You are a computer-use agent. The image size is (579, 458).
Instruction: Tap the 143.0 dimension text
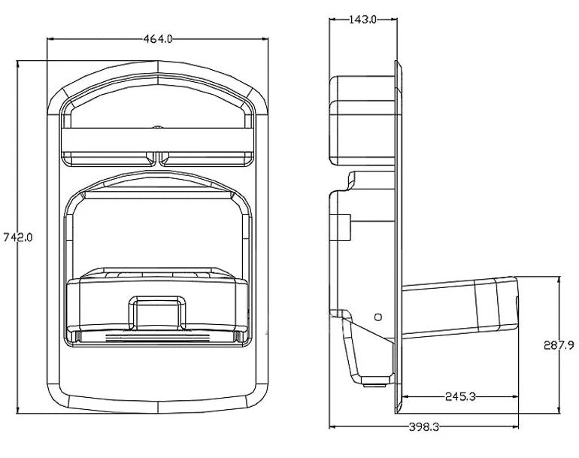click(x=363, y=20)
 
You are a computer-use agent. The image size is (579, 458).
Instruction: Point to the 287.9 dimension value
click(x=559, y=345)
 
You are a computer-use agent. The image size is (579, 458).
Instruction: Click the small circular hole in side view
click(x=378, y=317)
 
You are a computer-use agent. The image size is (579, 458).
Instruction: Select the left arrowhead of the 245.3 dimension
click(x=405, y=396)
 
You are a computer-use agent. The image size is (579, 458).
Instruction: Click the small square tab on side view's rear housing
click(x=343, y=225)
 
